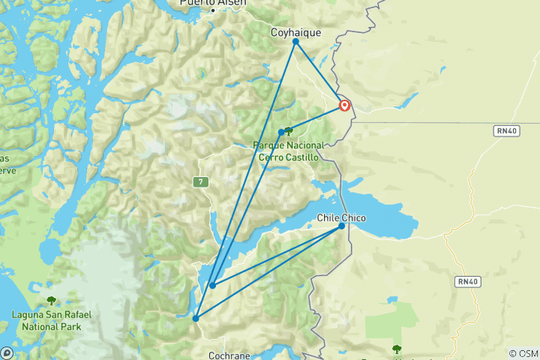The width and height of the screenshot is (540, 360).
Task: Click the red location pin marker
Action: coord(344,105)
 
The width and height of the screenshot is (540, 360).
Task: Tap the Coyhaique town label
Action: coord(295,32)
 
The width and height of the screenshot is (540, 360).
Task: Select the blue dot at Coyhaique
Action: coord(295,41)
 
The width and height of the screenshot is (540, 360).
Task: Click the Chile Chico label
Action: coord(342,217)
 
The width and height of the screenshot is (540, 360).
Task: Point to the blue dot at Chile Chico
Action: coord(342,226)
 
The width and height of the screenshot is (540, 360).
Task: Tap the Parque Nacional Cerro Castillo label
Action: coord(289,151)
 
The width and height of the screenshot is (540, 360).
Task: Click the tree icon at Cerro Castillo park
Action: coord(289,131)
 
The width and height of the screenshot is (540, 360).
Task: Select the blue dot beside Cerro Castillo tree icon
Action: coord(281,133)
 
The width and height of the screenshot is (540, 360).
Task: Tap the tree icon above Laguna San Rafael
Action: coord(51,300)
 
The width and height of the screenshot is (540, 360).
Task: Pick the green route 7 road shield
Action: coord(199,181)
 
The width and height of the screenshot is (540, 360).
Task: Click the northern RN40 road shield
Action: coord(505,130)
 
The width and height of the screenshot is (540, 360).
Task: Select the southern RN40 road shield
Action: coord(465,282)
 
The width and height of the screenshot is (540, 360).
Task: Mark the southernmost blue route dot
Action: coord(196,318)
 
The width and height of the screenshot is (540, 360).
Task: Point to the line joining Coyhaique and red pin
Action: coord(319,73)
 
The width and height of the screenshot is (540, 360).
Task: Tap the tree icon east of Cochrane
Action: coord(396,349)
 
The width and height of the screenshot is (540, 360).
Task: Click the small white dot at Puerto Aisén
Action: coord(213,10)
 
